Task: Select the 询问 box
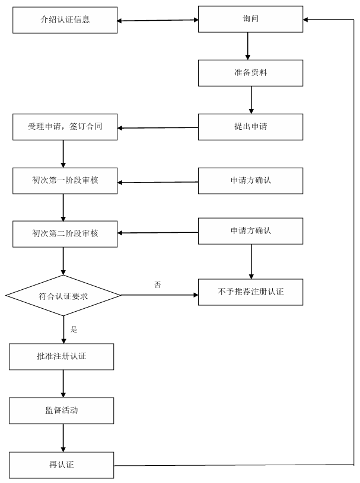[251, 20]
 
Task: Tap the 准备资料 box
[251, 72]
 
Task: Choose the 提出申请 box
[251, 126]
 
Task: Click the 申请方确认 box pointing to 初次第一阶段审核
[251, 180]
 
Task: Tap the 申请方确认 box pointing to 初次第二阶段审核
[251, 231]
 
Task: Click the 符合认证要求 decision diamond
[63, 295]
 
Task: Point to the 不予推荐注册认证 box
[251, 292]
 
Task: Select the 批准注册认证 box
[63, 356]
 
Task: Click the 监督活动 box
[63, 410]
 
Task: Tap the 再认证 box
[63, 465]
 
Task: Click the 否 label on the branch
[158, 285]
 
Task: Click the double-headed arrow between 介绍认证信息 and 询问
[157, 21]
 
